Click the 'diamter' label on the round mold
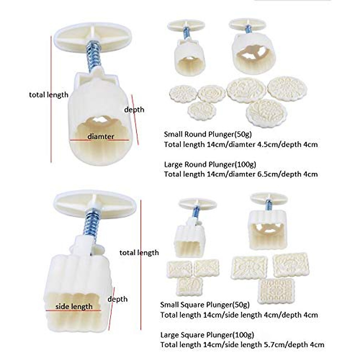(x=101, y=136)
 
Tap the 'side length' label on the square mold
(x=74, y=307)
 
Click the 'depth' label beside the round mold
(x=134, y=109)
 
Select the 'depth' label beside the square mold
(x=117, y=299)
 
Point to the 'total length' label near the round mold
(x=49, y=95)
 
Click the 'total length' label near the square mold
(x=139, y=253)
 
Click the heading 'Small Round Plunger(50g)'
(x=208, y=134)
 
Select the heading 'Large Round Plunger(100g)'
(x=210, y=164)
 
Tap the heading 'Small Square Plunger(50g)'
(x=205, y=305)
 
